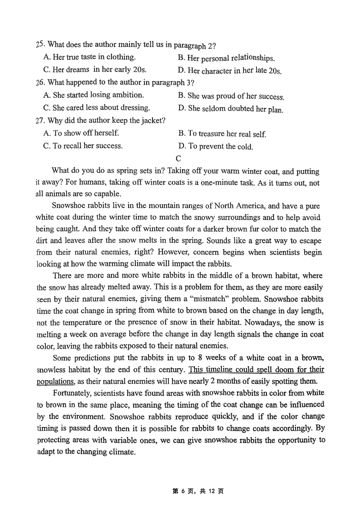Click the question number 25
click(40, 44)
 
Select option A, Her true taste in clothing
click(90, 57)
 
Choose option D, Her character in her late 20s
click(229, 71)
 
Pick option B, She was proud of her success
click(231, 96)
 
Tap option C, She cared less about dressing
click(97, 108)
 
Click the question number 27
click(40, 121)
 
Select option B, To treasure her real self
click(222, 134)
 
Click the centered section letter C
click(179, 158)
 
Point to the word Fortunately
click(73, 392)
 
